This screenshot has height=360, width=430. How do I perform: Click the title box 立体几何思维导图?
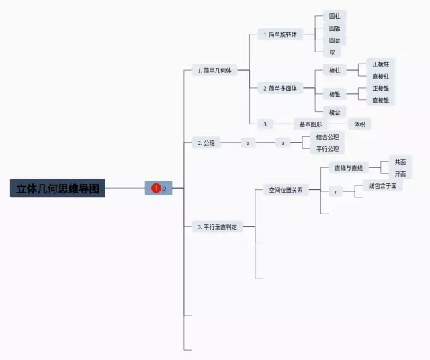(58, 189)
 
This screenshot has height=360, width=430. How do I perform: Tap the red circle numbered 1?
(156, 189)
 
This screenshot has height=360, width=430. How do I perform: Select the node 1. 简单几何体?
(215, 70)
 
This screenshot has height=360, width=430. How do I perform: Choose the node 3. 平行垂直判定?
(217, 227)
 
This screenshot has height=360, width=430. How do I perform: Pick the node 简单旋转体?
(281, 34)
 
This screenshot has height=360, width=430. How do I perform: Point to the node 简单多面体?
(281, 88)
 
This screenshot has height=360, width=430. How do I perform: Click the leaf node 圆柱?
(334, 15)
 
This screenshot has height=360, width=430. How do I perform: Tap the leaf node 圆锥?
(334, 28)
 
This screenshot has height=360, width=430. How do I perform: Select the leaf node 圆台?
(334, 40)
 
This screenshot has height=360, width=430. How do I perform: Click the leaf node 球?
(331, 52)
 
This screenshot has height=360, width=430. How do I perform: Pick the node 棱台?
(334, 111)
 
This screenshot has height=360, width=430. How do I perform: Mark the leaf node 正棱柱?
(380, 64)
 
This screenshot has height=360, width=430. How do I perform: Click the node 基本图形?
(310, 124)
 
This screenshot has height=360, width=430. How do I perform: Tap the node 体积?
(359, 124)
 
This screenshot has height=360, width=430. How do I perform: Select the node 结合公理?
(327, 137)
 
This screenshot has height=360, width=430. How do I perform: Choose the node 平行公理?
(327, 149)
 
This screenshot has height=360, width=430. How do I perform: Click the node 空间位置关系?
(286, 190)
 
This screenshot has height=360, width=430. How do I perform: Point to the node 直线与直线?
(349, 168)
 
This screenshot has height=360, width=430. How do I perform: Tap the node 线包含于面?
(382, 185)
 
